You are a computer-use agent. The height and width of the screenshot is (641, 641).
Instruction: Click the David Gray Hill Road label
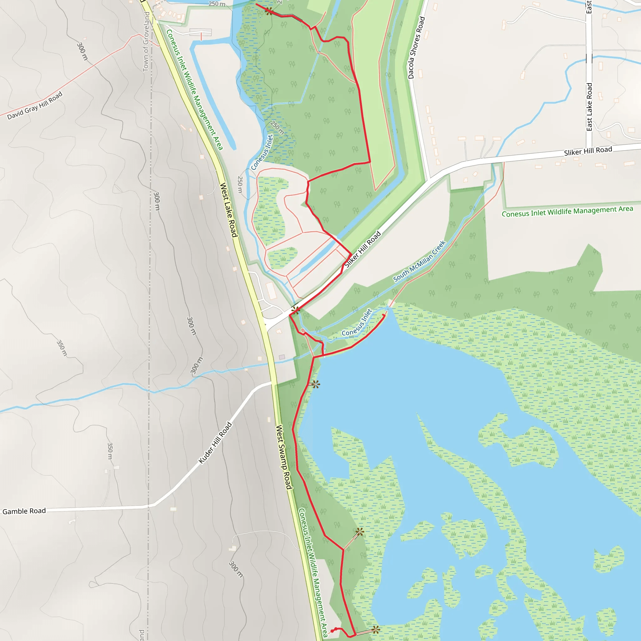coord(35,105)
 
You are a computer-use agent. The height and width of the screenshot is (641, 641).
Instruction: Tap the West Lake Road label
coord(229,210)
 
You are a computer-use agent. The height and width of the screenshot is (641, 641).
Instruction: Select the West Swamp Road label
coord(284,457)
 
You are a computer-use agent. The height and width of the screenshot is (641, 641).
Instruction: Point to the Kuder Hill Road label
coord(215,443)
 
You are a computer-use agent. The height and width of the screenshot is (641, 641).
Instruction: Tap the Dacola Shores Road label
coord(416,48)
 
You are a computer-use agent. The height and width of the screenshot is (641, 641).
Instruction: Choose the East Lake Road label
coord(589,107)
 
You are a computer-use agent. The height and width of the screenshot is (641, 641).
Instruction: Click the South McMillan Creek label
coord(419,261)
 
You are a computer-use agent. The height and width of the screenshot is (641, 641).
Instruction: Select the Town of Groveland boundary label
coord(146,42)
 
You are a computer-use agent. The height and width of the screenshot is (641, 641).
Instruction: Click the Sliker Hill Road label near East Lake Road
coord(588,151)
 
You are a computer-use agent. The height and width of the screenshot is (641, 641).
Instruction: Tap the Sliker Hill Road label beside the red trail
coord(363,249)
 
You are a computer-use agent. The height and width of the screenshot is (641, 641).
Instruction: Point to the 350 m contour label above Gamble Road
coord(110,451)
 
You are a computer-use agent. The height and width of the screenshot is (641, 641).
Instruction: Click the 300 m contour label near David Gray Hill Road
coord(82,51)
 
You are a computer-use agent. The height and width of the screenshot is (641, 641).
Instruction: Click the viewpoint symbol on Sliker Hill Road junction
coord(295,310)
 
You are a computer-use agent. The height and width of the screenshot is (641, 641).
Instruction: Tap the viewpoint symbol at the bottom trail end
coord(376,629)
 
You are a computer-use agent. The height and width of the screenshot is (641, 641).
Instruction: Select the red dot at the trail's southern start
coord(332,631)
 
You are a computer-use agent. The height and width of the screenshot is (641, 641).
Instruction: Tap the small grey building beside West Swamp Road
coord(282,357)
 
